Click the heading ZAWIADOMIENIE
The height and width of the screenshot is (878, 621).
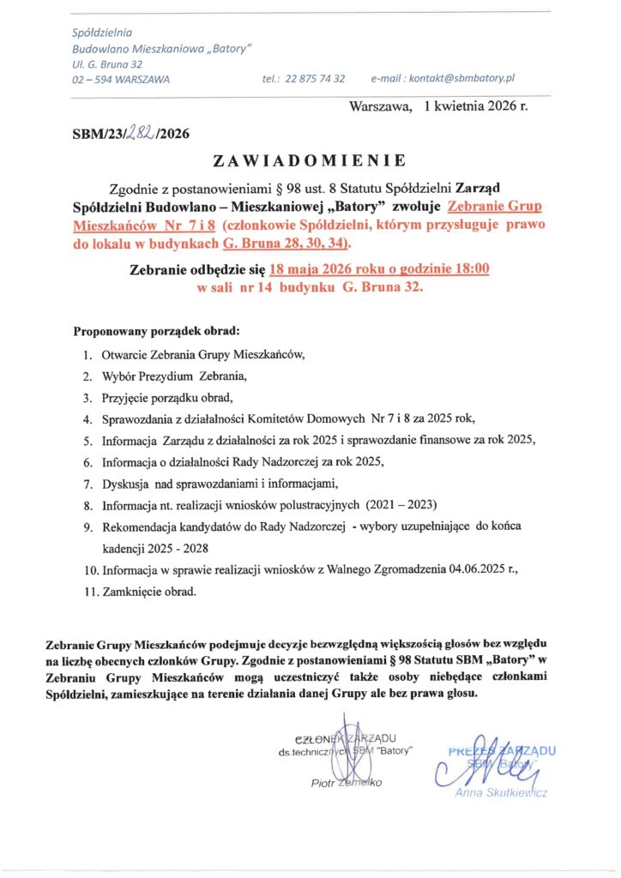pos(310,160)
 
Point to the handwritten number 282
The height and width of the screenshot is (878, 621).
pos(142,132)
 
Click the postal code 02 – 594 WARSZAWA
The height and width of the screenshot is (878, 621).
pos(121,79)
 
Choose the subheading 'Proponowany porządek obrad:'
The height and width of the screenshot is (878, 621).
pos(156,330)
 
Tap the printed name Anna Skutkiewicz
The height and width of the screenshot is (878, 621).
pos(500,791)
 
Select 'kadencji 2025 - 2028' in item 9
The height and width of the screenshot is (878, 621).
pos(150,547)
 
